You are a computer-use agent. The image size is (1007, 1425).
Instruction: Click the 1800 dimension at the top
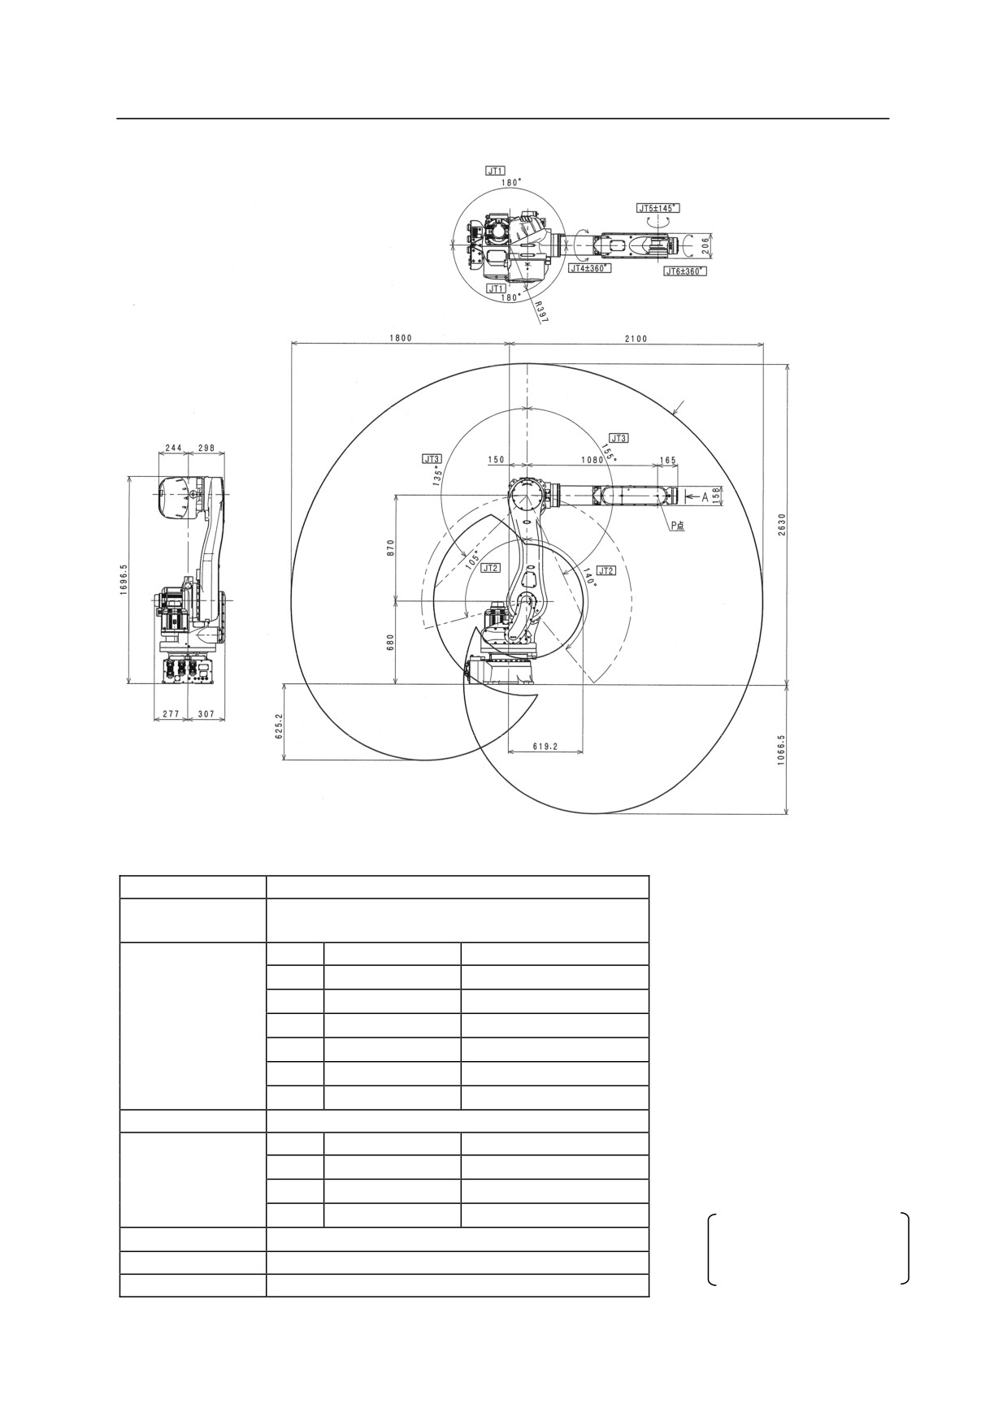401,339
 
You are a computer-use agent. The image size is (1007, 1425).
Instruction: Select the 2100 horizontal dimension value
636,339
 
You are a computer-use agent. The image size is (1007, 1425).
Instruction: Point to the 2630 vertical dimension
782,524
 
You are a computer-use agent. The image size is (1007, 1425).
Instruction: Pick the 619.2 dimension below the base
545,746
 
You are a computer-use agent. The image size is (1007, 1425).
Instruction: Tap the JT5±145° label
658,208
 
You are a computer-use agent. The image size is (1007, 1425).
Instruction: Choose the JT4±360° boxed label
589,267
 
